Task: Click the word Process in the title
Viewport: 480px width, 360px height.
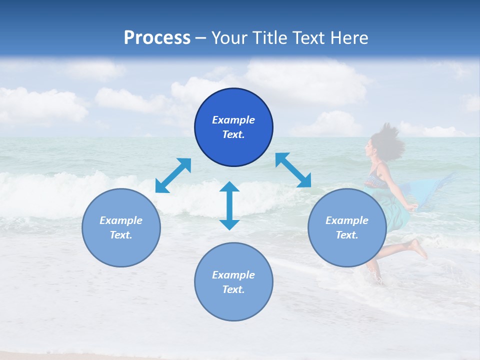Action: pos(157,38)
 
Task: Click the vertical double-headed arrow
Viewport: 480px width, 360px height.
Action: pos(229,205)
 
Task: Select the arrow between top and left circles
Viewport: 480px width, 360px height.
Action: pos(173,175)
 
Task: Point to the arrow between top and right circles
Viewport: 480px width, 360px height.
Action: pos(293,170)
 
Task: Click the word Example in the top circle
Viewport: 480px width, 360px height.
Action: pos(233,120)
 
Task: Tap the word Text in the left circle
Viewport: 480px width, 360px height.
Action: pos(121,235)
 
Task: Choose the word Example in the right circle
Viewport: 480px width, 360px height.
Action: pos(347,220)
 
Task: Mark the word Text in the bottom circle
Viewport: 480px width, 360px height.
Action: pos(233,289)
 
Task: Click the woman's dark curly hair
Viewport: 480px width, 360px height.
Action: pos(387,137)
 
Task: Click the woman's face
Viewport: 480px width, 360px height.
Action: pos(370,148)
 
